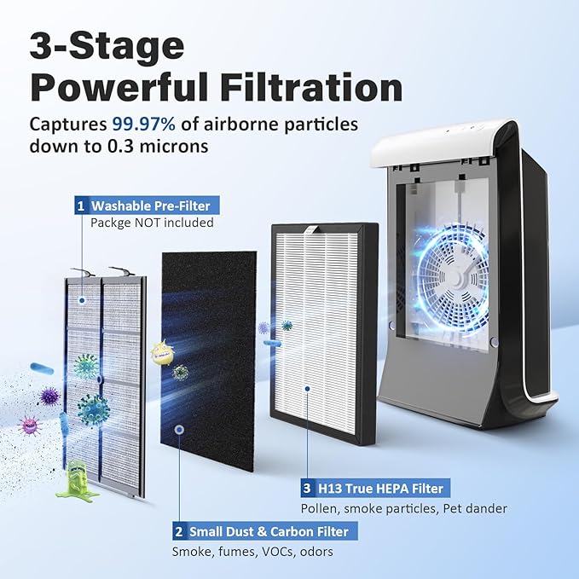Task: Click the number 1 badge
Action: click(x=81, y=206)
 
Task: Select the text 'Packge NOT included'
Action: click(x=151, y=223)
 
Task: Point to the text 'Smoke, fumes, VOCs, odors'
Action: click(x=252, y=551)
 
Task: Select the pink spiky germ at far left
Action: click(x=29, y=424)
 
